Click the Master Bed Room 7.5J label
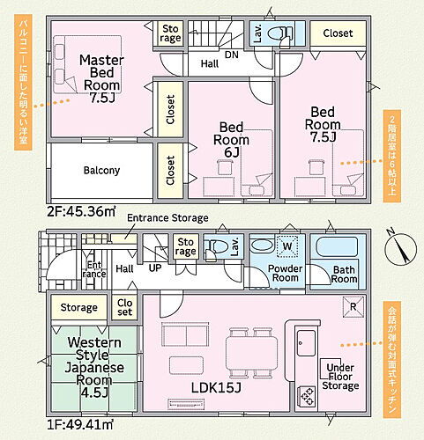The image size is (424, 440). (x=101, y=78)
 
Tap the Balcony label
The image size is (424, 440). (x=101, y=170)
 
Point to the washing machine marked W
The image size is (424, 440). (x=287, y=246)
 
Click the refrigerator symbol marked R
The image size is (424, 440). (x=353, y=307)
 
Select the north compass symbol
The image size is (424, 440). (x=401, y=247)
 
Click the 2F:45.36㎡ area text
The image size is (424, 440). (x=81, y=211)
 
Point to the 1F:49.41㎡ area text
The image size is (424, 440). (x=80, y=424)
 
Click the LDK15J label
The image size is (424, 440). (x=216, y=388)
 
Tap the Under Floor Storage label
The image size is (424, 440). (x=340, y=377)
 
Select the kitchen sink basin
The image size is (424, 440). (x=306, y=343)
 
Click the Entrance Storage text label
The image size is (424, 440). (x=167, y=218)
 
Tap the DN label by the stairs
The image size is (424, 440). (x=232, y=55)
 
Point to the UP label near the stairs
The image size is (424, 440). (x=155, y=268)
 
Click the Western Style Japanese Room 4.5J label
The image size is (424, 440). (x=94, y=367)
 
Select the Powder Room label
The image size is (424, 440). (x=285, y=273)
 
